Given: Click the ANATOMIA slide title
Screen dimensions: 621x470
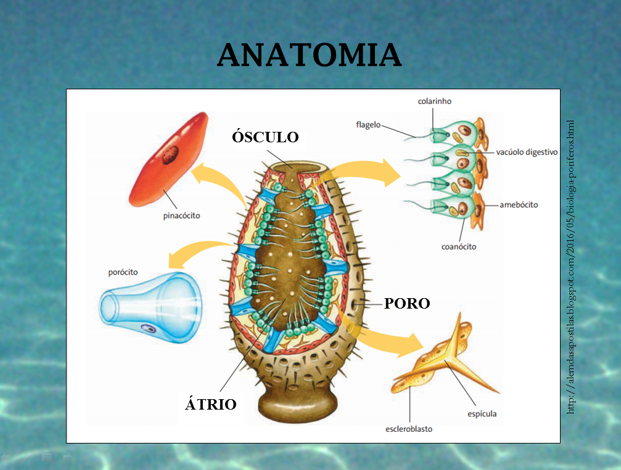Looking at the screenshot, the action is click(x=309, y=55).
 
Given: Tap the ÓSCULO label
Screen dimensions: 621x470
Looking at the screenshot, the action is click(x=265, y=137).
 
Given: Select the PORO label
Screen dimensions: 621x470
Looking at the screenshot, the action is click(x=406, y=303).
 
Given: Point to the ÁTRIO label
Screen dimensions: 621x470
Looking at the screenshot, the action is click(x=211, y=404).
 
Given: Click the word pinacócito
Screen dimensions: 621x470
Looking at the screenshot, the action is click(x=181, y=216).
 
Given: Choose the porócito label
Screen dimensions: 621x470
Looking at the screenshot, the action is click(x=123, y=272).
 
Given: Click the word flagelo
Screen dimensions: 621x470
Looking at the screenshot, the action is click(x=368, y=124).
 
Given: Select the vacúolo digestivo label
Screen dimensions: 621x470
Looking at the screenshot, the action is click(x=527, y=152).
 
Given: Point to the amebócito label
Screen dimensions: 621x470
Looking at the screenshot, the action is click(x=519, y=205).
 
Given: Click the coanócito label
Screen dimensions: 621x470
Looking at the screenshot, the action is click(x=458, y=246).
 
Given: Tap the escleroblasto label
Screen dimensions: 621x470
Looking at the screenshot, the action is click(x=408, y=429).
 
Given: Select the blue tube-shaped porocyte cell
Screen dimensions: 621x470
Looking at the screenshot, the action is click(x=148, y=306).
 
